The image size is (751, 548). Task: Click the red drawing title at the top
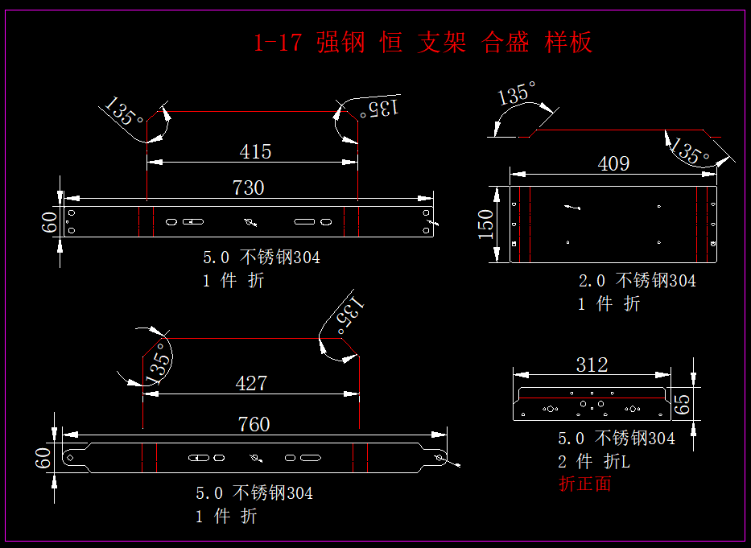point(423,42)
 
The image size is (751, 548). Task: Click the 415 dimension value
point(255,151)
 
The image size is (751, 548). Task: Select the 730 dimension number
point(248,187)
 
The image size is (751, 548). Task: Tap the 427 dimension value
point(251,383)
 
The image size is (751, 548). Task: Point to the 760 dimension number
point(254,423)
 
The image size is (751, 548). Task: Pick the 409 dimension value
point(613,164)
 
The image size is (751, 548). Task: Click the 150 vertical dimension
point(486,224)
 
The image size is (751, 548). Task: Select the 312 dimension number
point(592,365)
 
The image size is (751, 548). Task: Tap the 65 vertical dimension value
point(682,403)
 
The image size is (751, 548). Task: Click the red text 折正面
point(585,484)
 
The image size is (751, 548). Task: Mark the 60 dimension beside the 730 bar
point(50,221)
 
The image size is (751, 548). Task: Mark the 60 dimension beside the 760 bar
point(43,458)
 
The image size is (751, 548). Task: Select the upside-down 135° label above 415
point(379,108)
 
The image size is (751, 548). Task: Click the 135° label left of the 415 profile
point(124,112)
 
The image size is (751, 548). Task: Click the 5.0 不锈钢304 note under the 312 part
point(617,439)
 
